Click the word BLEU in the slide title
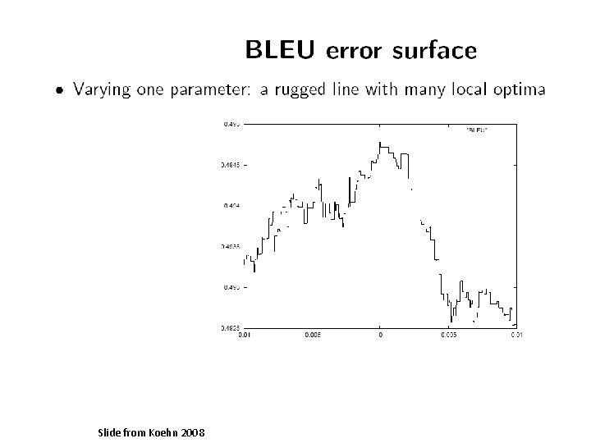(x=281, y=51)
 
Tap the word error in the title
(x=355, y=52)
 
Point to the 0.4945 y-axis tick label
(x=229, y=165)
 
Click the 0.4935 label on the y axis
(x=229, y=246)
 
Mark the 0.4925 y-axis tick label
(x=229, y=327)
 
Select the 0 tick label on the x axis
(x=380, y=335)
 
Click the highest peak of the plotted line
(x=381, y=144)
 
